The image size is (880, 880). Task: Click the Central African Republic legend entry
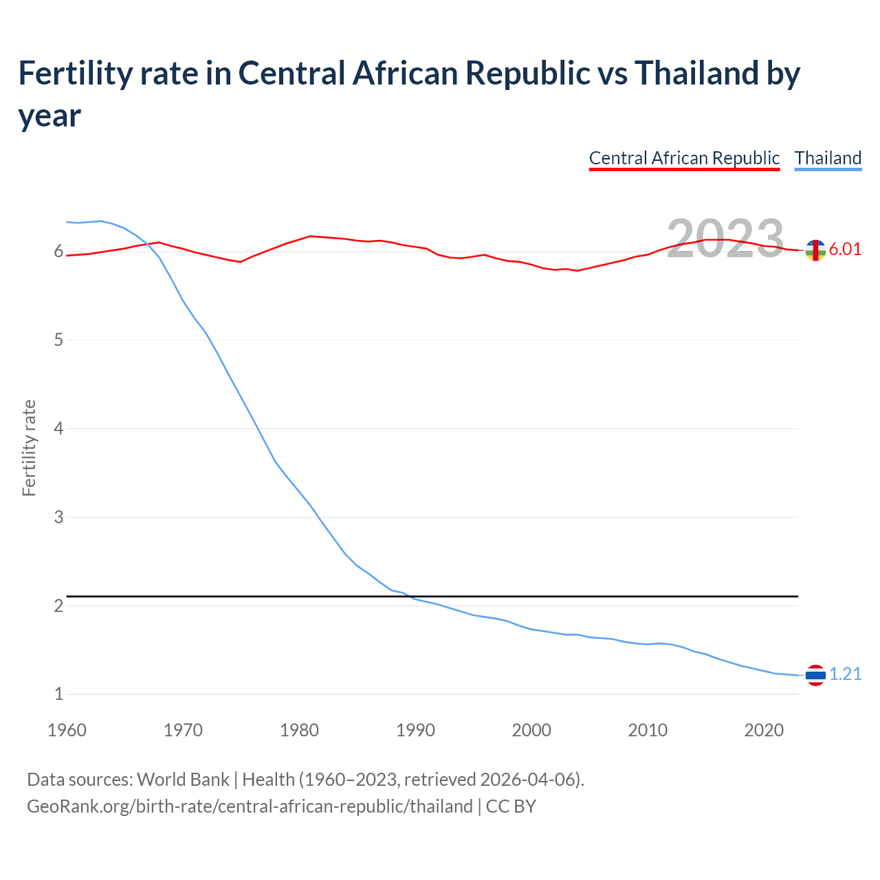point(684,158)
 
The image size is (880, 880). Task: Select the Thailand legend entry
point(828,158)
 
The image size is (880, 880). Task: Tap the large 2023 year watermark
point(725,239)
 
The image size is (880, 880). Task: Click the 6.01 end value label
point(845,249)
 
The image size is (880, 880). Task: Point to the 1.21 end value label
point(845,674)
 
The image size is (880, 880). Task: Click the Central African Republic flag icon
point(815,251)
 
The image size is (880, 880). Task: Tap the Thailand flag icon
point(815,675)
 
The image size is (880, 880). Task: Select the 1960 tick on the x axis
point(67,730)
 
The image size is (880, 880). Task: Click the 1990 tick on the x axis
point(415,730)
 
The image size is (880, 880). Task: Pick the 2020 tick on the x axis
point(764,730)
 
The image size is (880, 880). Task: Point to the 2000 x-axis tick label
point(531,730)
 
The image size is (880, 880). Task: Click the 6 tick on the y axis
point(58,252)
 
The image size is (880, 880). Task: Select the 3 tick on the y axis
point(58,517)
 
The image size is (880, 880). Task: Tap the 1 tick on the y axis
point(58,694)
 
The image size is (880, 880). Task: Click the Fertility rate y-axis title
point(29,448)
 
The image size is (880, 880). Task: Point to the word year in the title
point(49,115)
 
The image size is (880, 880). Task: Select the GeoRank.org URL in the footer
point(250,806)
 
